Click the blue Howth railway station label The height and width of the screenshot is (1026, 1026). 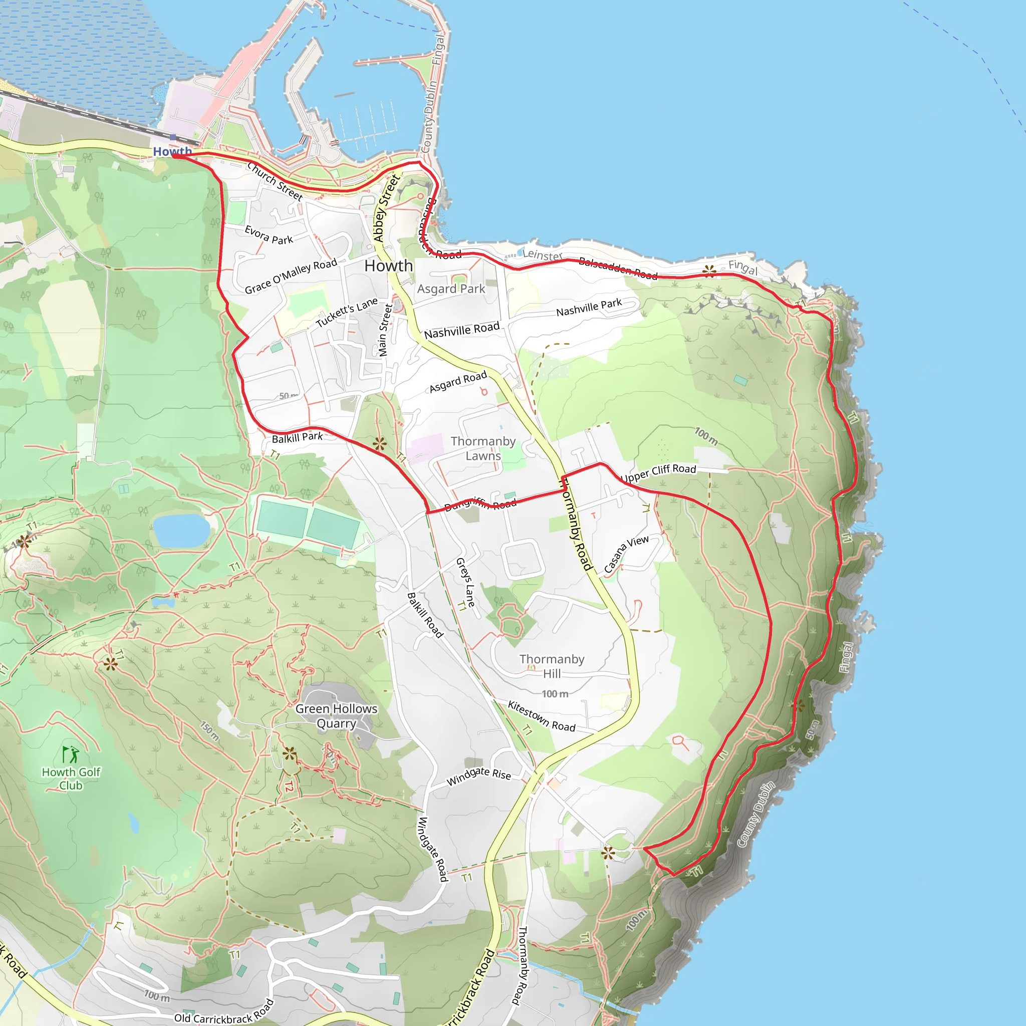tap(172, 151)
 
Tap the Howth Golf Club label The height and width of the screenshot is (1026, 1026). tap(71, 779)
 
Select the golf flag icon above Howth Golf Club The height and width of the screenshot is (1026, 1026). tap(70, 754)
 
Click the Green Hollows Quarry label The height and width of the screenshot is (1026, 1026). tap(336, 716)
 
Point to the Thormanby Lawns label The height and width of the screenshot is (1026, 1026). tap(483, 448)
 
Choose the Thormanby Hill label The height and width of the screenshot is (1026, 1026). tap(551, 666)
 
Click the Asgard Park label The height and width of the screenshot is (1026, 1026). tap(451, 289)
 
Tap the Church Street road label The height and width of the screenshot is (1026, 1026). tap(275, 181)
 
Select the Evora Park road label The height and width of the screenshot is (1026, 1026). tap(269, 235)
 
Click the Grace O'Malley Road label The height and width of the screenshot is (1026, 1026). tap(291, 276)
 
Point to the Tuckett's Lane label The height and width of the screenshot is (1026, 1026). tap(346, 312)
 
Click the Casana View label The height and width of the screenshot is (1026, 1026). tap(626, 554)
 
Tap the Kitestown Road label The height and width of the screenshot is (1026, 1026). tap(541, 716)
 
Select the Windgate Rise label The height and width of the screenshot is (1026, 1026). tap(478, 776)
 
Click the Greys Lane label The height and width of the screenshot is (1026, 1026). tap(465, 582)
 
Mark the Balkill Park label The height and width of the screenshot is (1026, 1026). tap(297, 437)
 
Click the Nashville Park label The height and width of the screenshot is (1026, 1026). tap(589, 308)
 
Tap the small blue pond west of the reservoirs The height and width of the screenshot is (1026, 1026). tap(181, 530)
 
